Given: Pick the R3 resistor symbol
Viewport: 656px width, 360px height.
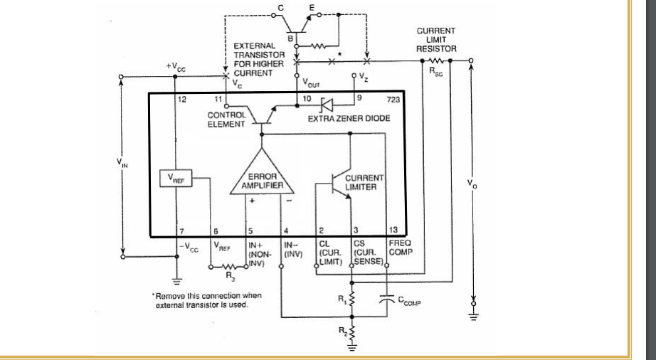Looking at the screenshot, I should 228,268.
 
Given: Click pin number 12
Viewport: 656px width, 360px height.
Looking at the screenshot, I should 181,99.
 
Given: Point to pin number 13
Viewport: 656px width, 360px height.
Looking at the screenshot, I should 392,231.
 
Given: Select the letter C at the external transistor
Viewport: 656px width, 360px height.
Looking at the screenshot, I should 280,8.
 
